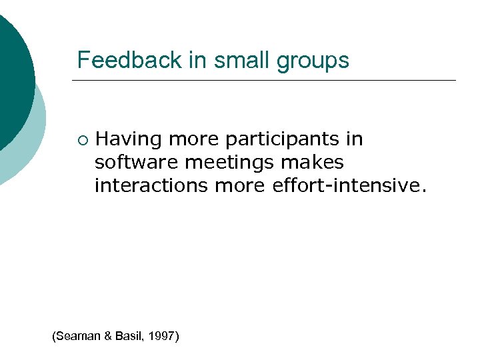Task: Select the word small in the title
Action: pyautogui.click(x=233, y=60)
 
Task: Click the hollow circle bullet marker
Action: pyautogui.click(x=81, y=140)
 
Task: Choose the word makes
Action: pyautogui.click(x=312, y=162)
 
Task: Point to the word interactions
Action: pyautogui.click(x=151, y=185)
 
